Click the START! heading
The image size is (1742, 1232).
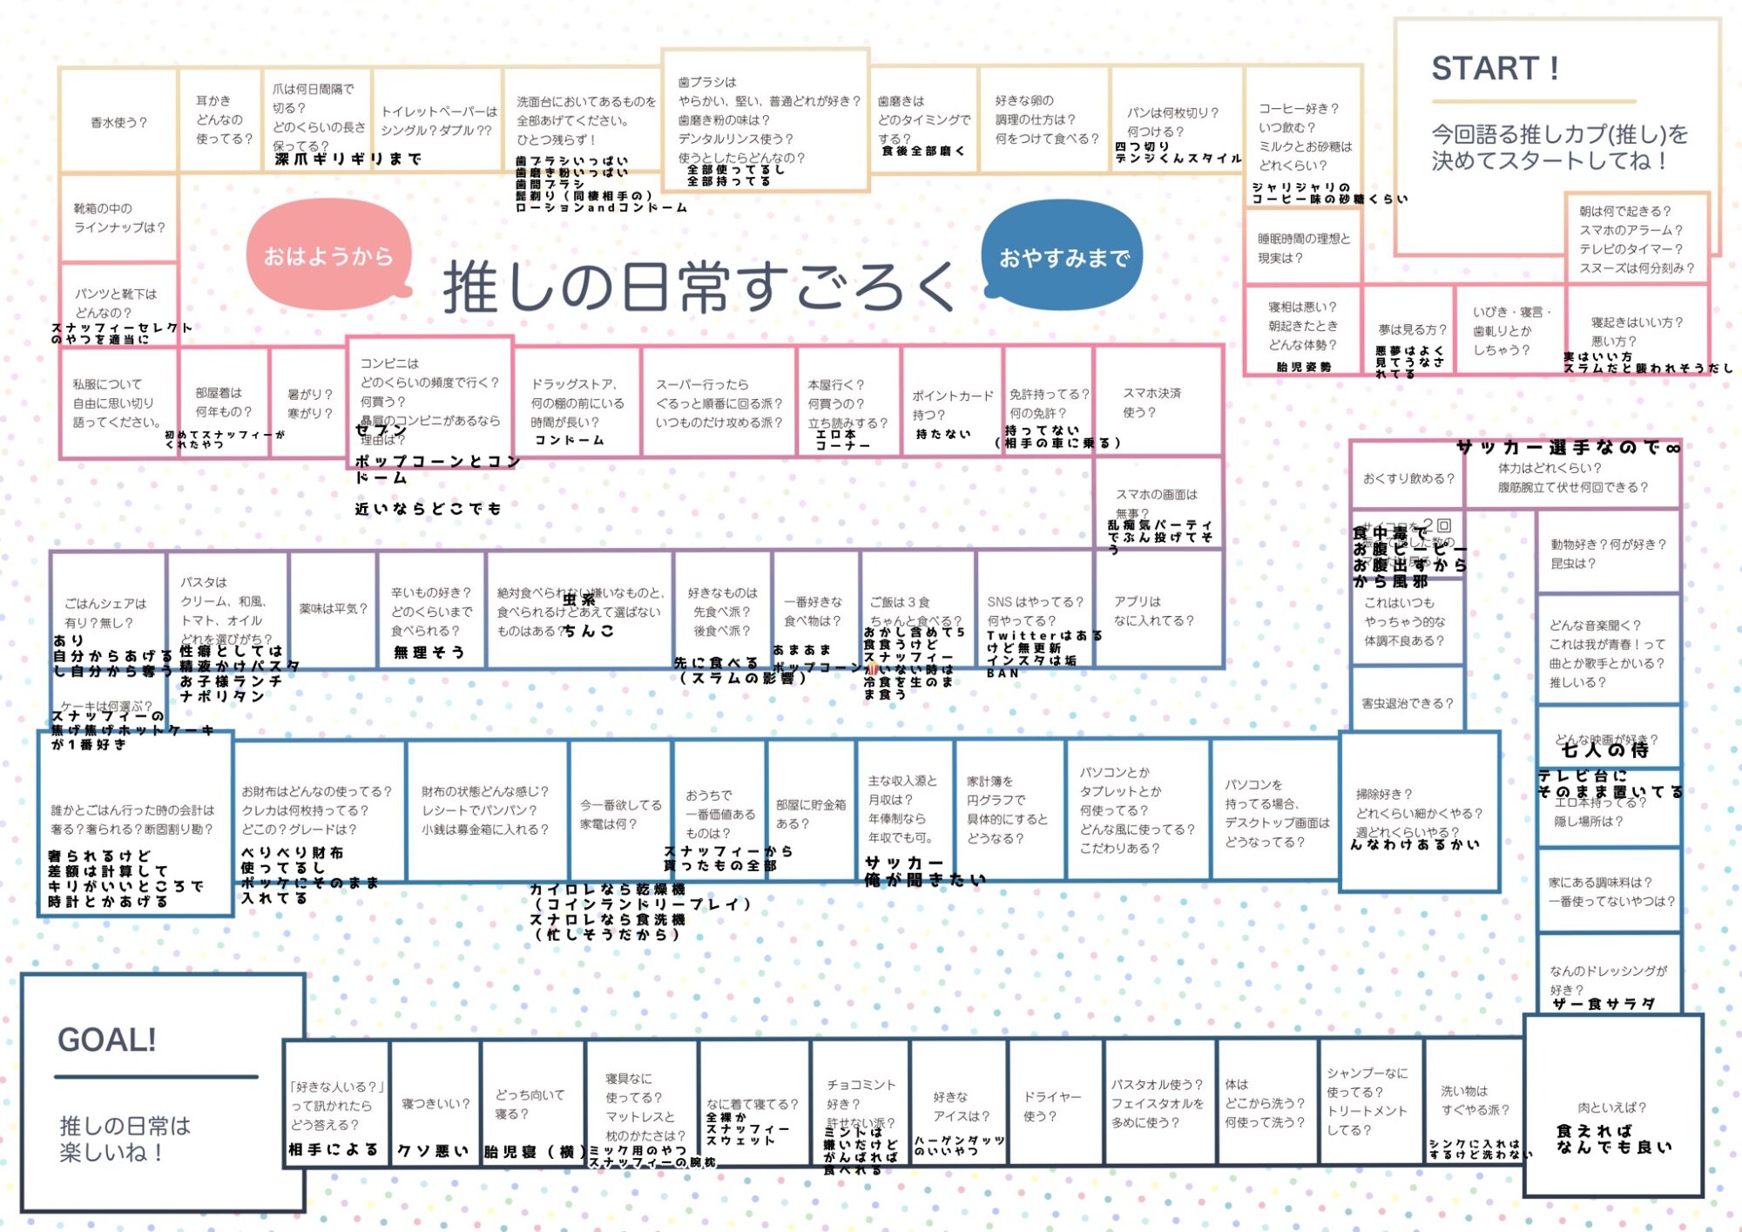point(1495,68)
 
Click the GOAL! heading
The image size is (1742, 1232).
point(106,1039)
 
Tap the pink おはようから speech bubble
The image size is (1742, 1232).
point(328,256)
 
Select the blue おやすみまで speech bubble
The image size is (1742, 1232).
point(1063,258)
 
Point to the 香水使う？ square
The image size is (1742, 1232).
point(119,123)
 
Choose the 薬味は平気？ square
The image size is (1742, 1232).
point(334,609)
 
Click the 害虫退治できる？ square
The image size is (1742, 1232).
point(1407,703)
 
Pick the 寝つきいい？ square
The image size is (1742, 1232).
point(435,1104)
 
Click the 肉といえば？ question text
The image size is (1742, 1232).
point(1612,1107)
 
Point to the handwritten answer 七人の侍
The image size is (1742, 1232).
point(1604,750)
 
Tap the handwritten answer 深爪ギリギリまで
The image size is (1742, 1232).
point(348,159)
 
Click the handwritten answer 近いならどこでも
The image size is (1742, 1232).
point(428,509)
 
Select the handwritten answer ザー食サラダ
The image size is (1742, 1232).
point(1604,1004)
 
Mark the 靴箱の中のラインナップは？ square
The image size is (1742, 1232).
point(119,218)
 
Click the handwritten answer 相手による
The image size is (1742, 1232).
point(334,1150)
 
